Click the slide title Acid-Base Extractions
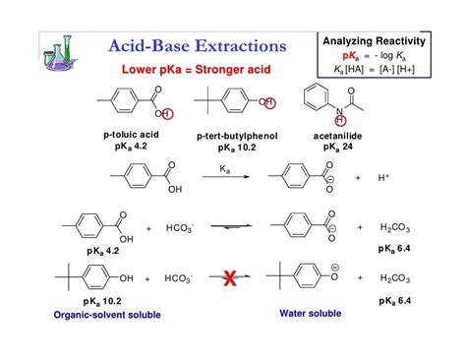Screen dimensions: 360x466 click(x=197, y=45)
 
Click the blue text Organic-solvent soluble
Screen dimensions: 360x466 click(x=107, y=314)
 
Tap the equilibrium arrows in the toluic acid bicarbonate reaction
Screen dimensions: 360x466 click(x=228, y=227)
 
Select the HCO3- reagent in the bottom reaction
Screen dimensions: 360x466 click(x=180, y=278)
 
